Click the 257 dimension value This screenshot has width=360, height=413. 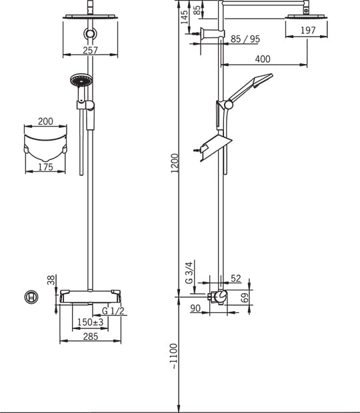tap(91, 50)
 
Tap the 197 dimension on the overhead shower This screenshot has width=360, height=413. tap(308, 30)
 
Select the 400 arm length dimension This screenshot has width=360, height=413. tap(263, 59)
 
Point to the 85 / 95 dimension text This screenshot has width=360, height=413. tap(245, 39)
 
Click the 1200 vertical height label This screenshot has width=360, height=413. tap(175, 163)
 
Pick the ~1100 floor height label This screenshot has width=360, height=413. tap(174, 356)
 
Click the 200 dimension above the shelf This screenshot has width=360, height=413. tap(45, 121)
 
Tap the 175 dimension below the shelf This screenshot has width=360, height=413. tap(45, 167)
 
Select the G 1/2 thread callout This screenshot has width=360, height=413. tap(113, 311)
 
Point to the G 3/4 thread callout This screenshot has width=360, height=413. tap(189, 272)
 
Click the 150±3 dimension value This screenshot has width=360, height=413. tap(91, 322)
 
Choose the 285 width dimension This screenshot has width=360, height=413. tap(91, 336)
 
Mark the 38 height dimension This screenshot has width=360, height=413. tap(51, 280)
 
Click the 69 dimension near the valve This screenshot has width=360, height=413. tap(245, 298)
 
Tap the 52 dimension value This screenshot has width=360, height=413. tap(236, 278)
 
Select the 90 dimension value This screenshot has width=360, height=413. tap(195, 308)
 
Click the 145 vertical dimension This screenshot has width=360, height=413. tap(185, 17)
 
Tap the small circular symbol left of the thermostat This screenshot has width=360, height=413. tap(31, 297)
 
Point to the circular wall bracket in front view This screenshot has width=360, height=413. tap(91, 34)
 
